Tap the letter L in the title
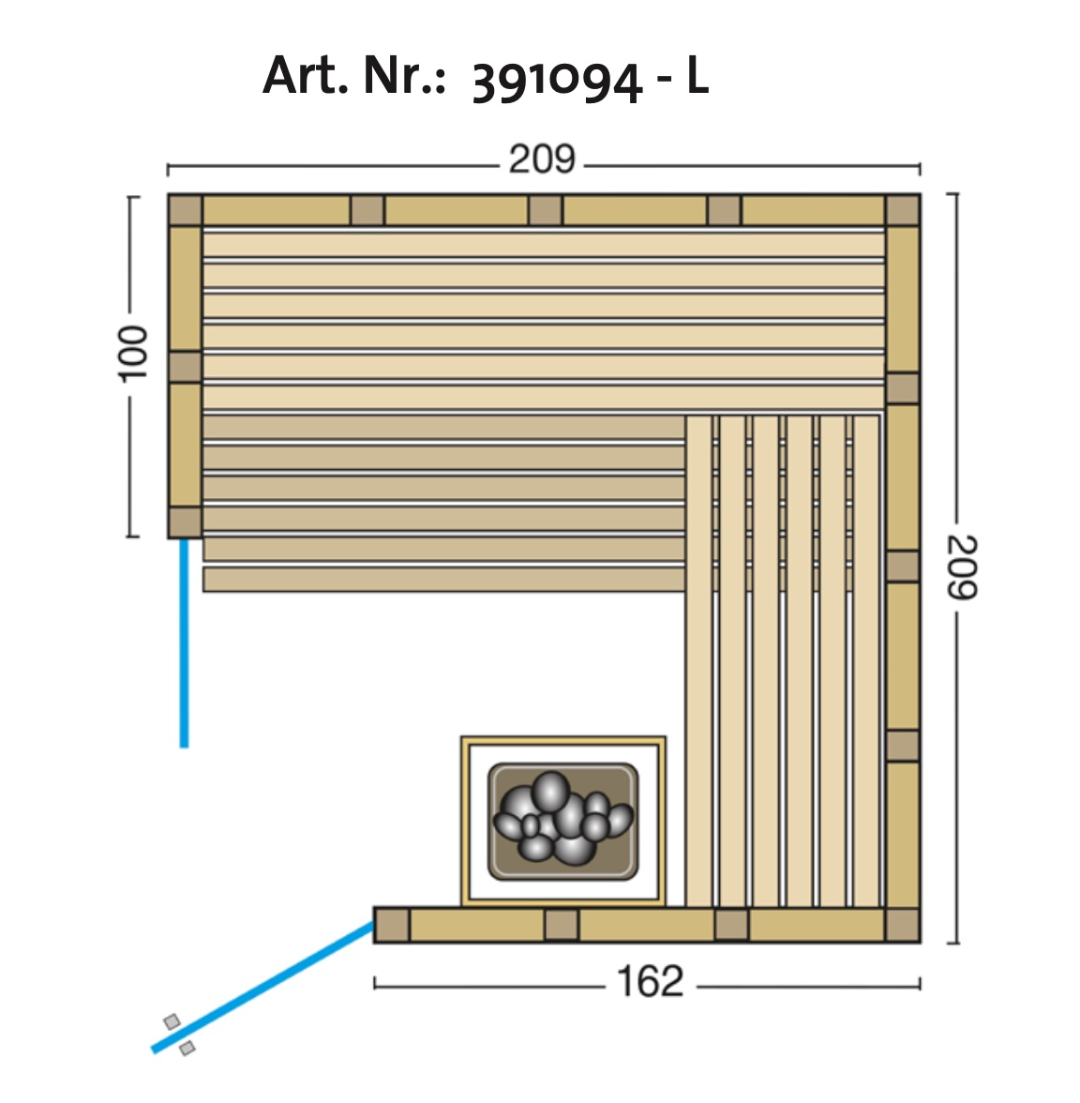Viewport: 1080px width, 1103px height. (697, 75)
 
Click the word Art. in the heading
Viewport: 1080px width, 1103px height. (305, 75)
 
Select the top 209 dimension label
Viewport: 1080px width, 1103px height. (542, 159)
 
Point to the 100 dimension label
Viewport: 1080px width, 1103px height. (132, 354)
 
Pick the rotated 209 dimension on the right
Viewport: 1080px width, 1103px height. (962, 567)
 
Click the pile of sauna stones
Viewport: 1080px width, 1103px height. (563, 818)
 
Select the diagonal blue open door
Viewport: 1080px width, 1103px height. (262, 988)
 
